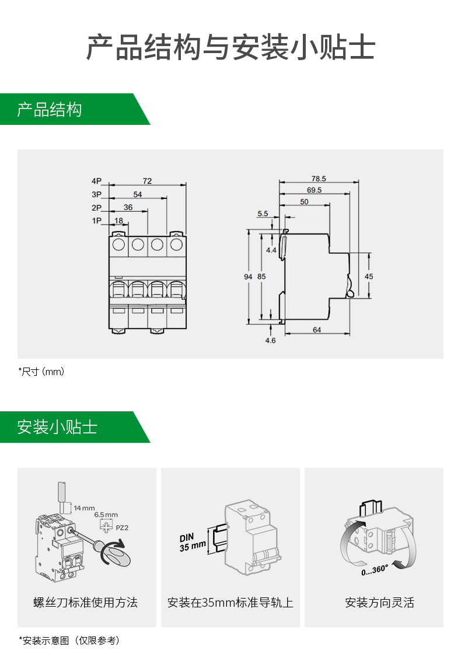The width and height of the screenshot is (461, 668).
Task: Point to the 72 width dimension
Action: pos(147,181)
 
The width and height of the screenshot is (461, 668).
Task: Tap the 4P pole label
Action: pos(96,181)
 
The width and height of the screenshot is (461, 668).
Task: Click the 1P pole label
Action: pos(96,221)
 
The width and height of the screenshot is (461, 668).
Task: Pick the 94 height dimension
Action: pos(248,277)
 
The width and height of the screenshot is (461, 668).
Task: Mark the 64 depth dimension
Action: pos(317,330)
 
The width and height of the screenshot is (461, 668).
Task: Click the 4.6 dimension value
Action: pos(270,341)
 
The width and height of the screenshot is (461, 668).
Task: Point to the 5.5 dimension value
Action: pos(263,214)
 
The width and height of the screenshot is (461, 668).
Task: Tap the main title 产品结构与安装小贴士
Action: pos(230,47)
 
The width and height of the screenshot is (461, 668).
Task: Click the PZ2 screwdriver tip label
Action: pos(123,527)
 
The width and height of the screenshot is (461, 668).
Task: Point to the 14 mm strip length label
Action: pos(84,508)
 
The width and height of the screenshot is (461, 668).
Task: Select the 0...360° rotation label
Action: pos(374,569)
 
